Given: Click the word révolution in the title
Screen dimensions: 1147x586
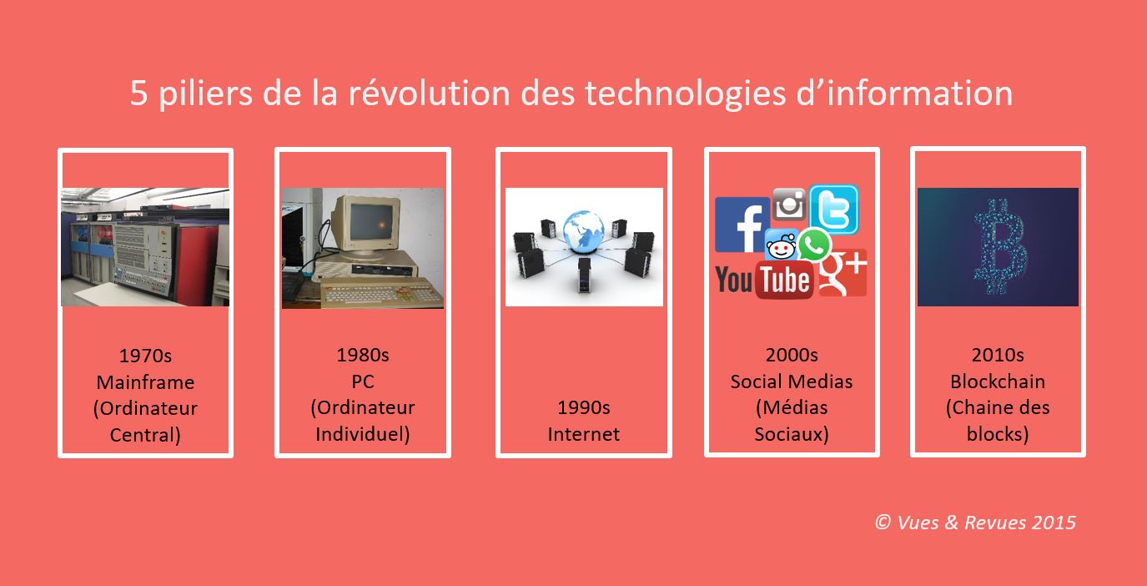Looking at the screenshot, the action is tap(429, 93).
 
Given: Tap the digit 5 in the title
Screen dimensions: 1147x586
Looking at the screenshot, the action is tap(138, 93).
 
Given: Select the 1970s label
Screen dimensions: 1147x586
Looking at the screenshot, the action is tap(145, 356).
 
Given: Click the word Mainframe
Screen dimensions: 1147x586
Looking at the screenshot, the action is tap(145, 382).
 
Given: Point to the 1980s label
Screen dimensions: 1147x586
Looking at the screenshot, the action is tap(363, 355).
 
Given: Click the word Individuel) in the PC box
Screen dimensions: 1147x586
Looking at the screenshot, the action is tap(363, 434).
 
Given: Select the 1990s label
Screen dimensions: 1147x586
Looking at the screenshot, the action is tap(584, 407).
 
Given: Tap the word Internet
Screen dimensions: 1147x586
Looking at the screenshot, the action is tap(584, 434).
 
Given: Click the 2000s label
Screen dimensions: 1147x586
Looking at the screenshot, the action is tap(792, 355).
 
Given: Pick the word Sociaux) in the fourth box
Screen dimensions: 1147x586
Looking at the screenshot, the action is tap(792, 434).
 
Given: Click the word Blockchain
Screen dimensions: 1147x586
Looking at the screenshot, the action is tap(998, 381).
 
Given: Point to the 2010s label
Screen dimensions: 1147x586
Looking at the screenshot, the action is tap(998, 355).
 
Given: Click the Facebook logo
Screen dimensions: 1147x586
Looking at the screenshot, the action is tap(742, 225).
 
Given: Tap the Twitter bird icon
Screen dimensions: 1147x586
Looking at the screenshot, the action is tap(834, 210).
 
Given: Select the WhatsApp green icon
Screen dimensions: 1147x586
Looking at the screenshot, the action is tap(813, 245).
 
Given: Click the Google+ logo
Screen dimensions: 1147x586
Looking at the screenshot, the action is tap(843, 273).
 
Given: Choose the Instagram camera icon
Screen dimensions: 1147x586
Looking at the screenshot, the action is tap(789, 204).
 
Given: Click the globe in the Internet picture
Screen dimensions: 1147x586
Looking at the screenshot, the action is tap(584, 231).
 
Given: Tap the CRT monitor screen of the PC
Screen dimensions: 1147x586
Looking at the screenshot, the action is tap(370, 222).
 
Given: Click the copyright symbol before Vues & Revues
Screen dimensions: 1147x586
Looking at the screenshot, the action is tap(883, 522).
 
